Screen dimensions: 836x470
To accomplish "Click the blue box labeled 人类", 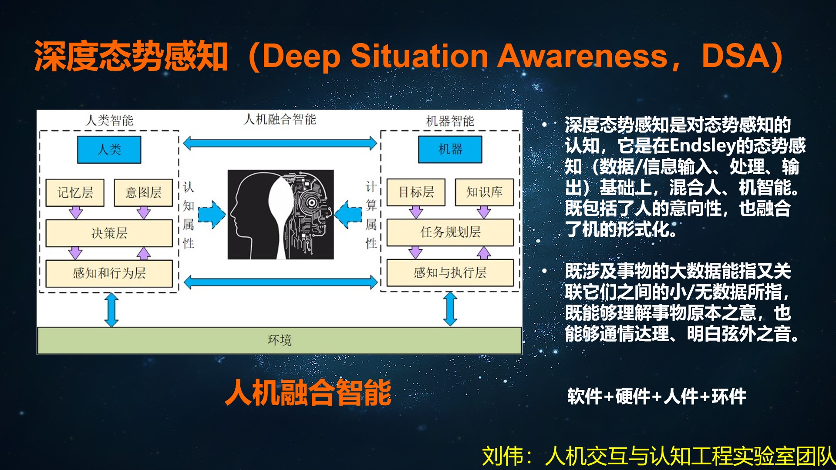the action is coord(109,150).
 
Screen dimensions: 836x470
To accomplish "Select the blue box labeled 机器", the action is coord(450,149).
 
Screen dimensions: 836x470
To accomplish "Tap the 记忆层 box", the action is coord(75,192).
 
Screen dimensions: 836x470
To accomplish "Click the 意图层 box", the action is coord(143,192).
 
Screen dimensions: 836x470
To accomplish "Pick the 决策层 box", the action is coord(109,233).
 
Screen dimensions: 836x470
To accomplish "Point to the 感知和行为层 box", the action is coord(109,273).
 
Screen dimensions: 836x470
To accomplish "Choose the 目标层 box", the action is coord(416,192).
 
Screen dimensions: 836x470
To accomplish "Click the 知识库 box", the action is coord(484,192).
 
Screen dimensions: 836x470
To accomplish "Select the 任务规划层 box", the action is coord(450,232).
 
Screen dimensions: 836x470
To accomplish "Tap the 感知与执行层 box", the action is coord(450,272).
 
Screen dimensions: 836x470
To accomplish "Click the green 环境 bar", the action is coord(280,340).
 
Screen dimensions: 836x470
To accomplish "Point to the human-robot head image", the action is coord(280,215).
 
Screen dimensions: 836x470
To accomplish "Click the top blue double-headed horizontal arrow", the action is coord(280,143).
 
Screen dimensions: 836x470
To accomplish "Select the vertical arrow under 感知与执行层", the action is coord(450,309).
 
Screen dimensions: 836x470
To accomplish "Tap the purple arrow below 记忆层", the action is coord(76,212).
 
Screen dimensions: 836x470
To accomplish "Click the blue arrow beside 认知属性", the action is coord(212,215).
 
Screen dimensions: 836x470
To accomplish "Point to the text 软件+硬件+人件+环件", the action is coord(657,396).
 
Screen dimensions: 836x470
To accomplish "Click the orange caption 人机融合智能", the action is coord(308,393).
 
